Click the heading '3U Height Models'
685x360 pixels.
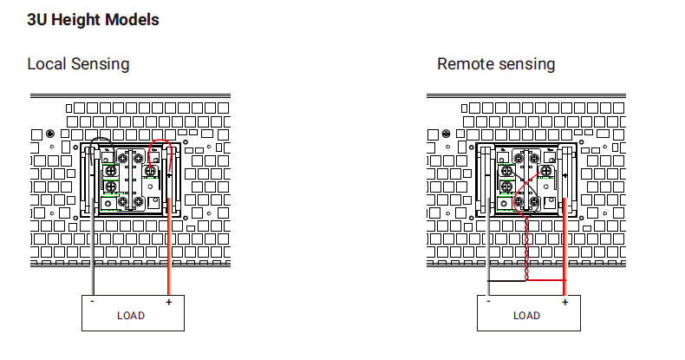(x=93, y=19)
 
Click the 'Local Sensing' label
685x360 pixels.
(x=78, y=64)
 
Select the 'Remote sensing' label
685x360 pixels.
(x=496, y=64)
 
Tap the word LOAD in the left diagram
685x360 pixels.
(x=131, y=315)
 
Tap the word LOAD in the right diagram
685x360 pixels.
(x=526, y=315)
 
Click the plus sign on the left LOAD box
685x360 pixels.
(x=168, y=302)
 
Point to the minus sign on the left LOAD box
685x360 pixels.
(x=93, y=302)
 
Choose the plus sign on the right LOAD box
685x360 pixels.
(x=564, y=302)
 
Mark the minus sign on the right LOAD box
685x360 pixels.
(x=488, y=302)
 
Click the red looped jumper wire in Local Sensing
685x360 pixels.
(x=160, y=141)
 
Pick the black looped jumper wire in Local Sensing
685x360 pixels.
(x=101, y=140)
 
